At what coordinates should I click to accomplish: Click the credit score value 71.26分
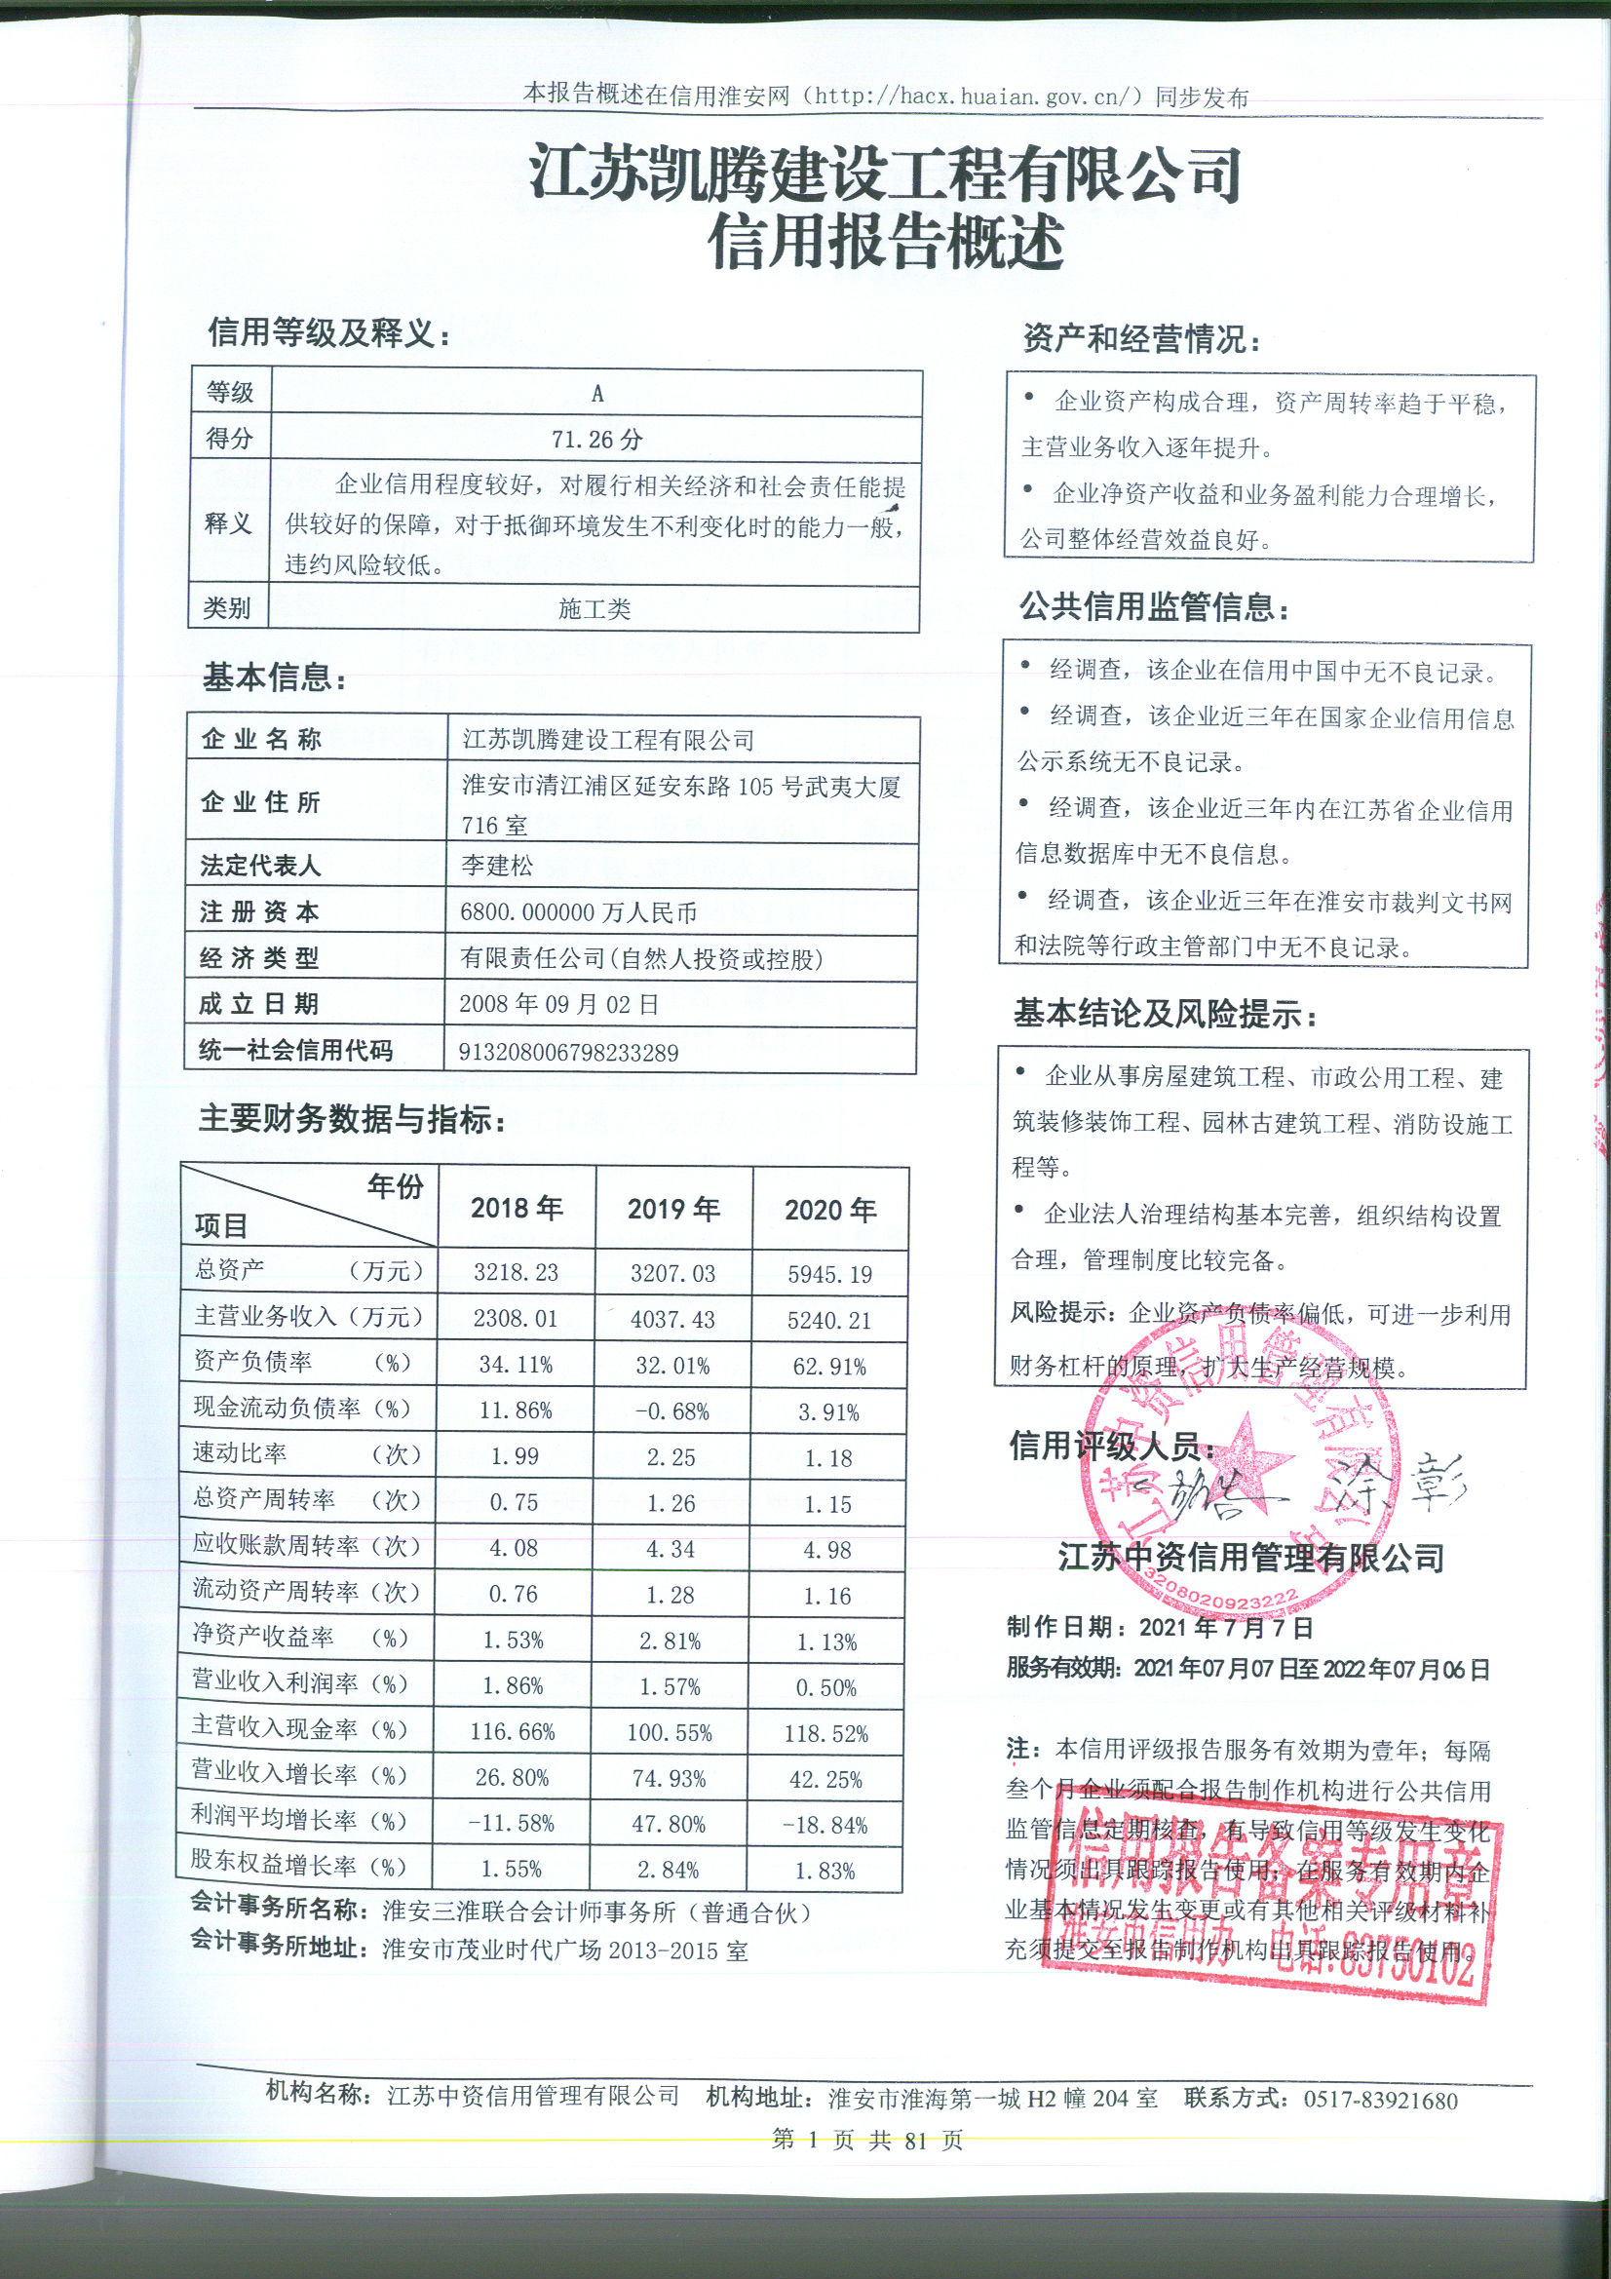596,439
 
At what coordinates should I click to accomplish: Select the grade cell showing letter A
596,393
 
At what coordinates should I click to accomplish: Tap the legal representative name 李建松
496,866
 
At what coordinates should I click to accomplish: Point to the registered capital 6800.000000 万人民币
578,912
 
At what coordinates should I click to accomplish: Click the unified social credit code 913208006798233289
568,1052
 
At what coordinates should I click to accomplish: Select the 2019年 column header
673,1208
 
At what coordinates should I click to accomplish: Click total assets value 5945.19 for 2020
829,1273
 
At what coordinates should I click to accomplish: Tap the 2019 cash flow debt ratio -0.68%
672,1411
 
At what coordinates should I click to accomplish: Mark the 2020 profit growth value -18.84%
825,1825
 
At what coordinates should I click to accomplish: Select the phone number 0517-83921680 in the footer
1380,2101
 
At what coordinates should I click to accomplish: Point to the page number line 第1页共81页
866,2140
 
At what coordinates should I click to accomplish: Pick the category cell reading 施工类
594,608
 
